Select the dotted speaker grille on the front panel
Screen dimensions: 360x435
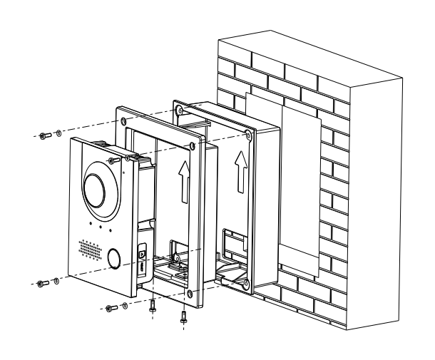[x=89, y=249]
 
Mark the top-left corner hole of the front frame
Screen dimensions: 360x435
[x=126, y=122]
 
